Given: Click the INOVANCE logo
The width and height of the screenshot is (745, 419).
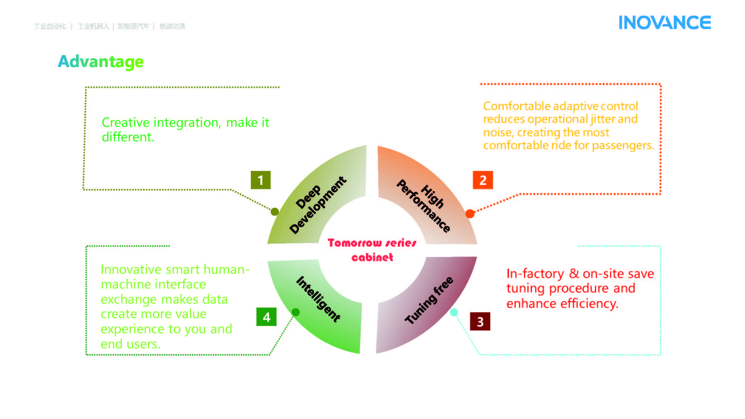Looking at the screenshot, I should [x=664, y=23].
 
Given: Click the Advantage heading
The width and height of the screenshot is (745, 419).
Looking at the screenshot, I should [x=101, y=61].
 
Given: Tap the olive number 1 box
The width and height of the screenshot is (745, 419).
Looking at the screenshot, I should [x=261, y=180].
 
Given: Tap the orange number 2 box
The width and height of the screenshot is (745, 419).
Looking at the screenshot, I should [x=483, y=180].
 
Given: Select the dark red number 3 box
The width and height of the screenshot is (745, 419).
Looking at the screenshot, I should [x=480, y=322].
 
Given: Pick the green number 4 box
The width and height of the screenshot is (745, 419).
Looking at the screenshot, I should [x=266, y=317].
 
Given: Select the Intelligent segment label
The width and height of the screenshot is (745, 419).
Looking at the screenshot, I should [x=318, y=299].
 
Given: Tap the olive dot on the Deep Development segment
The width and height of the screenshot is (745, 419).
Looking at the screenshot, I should [x=275, y=212].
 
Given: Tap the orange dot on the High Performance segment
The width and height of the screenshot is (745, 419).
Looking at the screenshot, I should [x=470, y=214].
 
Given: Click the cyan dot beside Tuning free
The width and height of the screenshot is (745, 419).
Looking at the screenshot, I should [x=454, y=312].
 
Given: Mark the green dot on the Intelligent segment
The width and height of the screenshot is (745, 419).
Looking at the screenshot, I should [x=296, y=312].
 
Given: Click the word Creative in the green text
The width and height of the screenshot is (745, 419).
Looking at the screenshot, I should [x=125, y=123].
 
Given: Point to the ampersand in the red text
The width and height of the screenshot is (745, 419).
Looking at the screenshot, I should [x=574, y=273].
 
